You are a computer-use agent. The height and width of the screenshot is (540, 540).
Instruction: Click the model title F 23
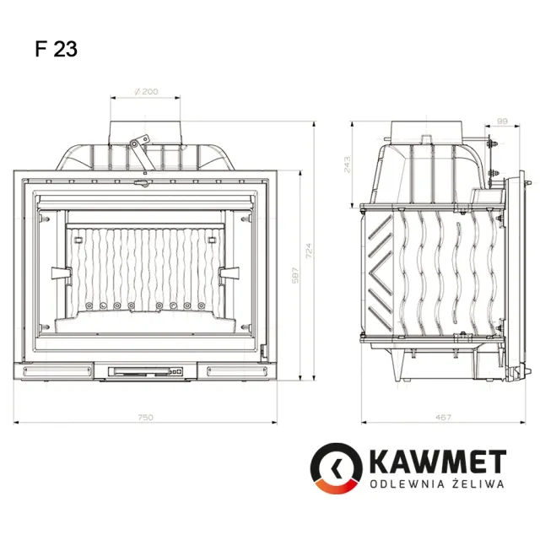[x=57, y=49]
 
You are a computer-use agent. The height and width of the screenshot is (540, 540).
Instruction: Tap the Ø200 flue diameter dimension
[x=146, y=91]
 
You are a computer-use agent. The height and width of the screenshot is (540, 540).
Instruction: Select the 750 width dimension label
[x=145, y=418]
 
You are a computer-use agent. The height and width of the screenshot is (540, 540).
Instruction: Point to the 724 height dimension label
[x=309, y=251]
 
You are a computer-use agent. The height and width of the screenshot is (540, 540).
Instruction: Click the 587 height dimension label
[x=295, y=276]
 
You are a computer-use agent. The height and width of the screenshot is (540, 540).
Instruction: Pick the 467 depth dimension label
[x=443, y=418]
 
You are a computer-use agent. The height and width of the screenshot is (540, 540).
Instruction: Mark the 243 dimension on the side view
[x=347, y=165]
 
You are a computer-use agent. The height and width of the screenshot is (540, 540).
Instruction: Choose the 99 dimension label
[x=503, y=121]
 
